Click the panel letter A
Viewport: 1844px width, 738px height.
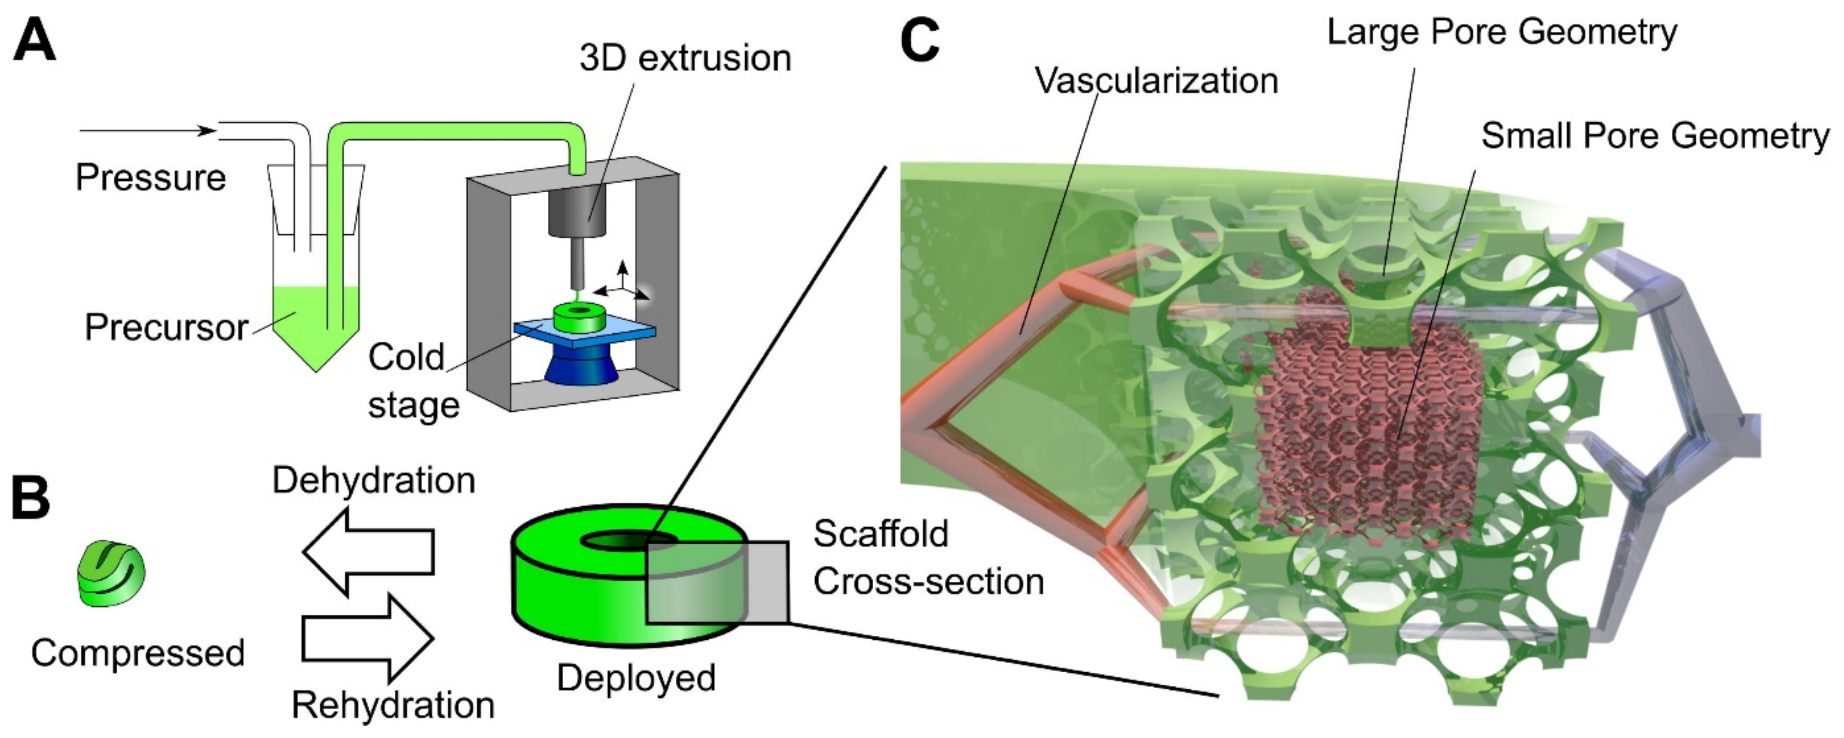coord(34,42)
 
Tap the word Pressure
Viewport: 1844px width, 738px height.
coord(150,177)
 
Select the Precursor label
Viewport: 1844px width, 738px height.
coord(166,328)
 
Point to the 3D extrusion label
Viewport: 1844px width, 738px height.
coord(685,59)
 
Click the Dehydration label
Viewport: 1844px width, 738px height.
coord(374,481)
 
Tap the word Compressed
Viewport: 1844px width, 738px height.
coord(137,653)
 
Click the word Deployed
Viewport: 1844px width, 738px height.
coord(636,677)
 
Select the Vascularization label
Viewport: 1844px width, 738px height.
coord(1156,81)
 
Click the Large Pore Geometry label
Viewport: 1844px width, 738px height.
coord(1501,32)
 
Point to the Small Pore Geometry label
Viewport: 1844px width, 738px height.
coord(1654,136)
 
